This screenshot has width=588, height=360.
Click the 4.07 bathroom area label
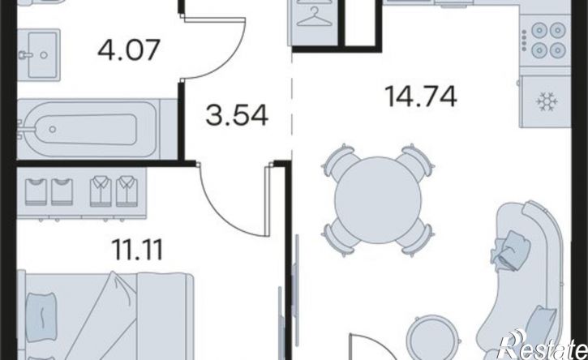[x=129, y=50]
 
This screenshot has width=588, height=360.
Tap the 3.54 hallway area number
[x=237, y=115]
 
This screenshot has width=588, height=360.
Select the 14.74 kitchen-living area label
[x=421, y=96]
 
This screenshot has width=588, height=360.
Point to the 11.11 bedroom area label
[x=137, y=250]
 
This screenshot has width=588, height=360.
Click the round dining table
[x=378, y=200]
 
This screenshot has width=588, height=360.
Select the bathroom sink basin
[x=39, y=55]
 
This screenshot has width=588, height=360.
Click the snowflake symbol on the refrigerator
[x=547, y=101]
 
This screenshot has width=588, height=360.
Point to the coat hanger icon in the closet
[x=314, y=17]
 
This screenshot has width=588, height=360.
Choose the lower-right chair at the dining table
[x=415, y=238]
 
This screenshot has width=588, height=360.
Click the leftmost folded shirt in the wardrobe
[x=36, y=192]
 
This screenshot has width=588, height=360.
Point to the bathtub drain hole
[x=53, y=130]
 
